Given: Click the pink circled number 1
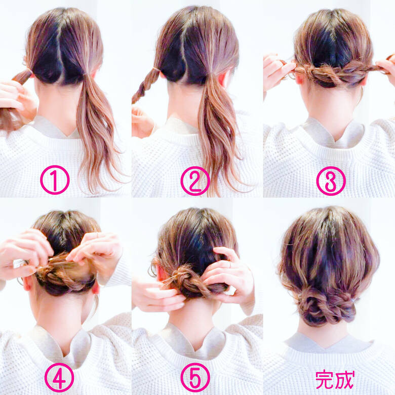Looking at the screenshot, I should [55, 180].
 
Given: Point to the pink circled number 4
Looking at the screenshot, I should [59, 378].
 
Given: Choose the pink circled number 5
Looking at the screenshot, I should [195, 378].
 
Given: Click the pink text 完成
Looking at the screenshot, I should [335, 378].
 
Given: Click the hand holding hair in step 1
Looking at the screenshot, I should [15, 99].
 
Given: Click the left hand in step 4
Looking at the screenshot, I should [25, 251].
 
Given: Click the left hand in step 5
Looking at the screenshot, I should [157, 296].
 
